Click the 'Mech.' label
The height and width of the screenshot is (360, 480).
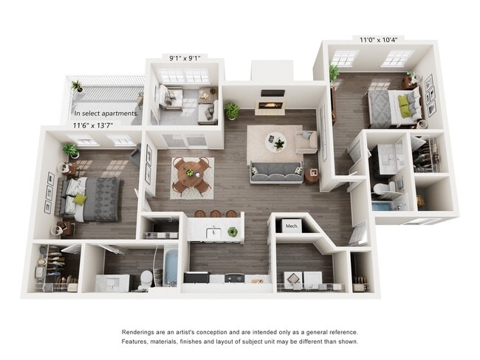click(x=292, y=226)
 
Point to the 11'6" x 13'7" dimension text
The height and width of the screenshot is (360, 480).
click(x=92, y=125)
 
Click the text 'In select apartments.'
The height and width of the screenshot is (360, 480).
click(x=106, y=114)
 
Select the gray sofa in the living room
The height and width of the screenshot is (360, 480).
click(x=275, y=172)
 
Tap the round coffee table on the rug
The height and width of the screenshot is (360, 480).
click(x=275, y=140)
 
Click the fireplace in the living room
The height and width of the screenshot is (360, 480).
click(x=271, y=105)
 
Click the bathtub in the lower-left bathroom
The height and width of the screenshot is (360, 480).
click(x=170, y=267)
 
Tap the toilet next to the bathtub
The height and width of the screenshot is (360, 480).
click(x=145, y=279)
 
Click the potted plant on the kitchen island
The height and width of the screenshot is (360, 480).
click(x=233, y=232)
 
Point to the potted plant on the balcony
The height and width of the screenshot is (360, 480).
click(x=77, y=86)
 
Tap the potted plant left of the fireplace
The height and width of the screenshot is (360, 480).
click(x=233, y=111)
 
